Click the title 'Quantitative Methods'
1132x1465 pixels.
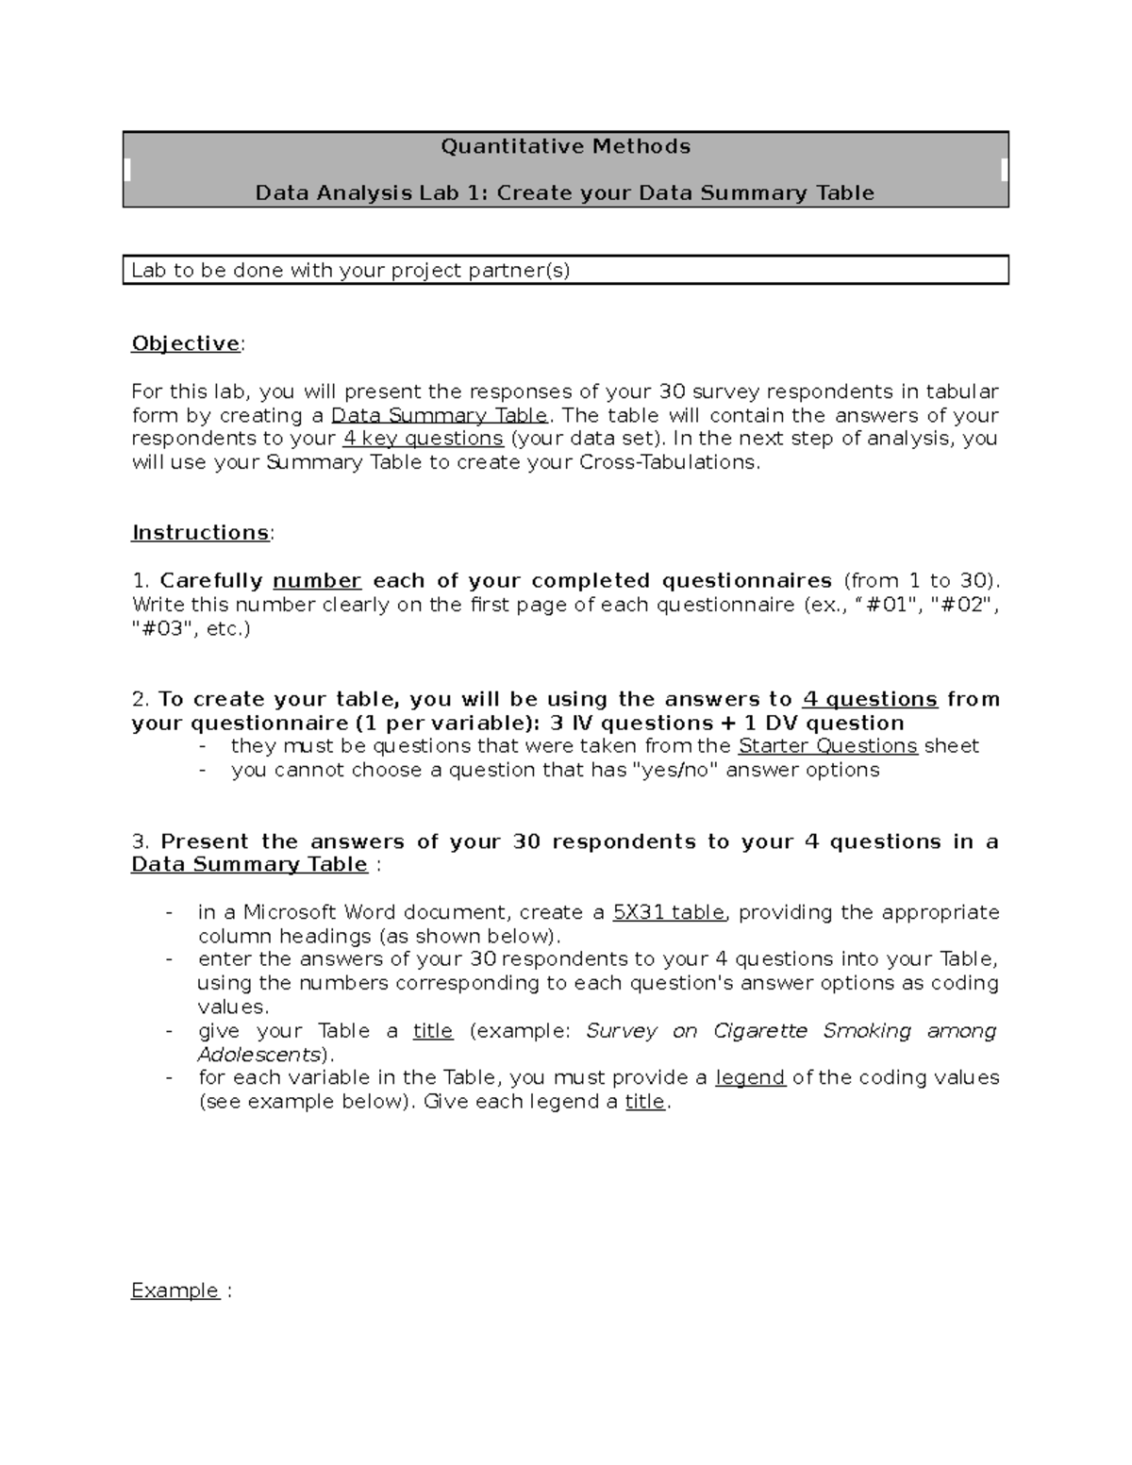(565, 146)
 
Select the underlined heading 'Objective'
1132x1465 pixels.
(186, 343)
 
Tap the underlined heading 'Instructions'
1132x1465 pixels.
(201, 533)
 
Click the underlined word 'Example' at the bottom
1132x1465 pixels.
(175, 1290)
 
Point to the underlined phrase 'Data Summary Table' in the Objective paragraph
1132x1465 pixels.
(440, 416)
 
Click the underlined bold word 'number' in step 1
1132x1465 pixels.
(317, 581)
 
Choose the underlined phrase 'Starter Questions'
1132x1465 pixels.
(827, 746)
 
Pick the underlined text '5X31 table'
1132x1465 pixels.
(669, 912)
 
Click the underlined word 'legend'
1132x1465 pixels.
(750, 1077)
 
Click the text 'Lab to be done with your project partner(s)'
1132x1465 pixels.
(351, 271)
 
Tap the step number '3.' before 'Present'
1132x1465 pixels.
(141, 841)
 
